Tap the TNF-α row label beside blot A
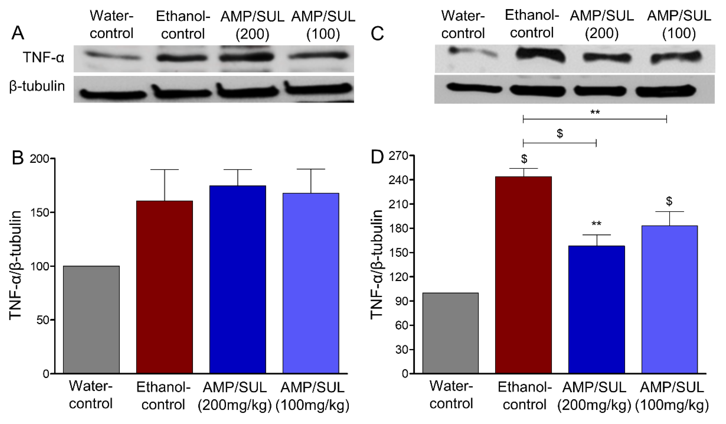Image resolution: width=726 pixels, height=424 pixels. tap(44, 58)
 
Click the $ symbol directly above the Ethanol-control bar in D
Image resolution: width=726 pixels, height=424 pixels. tap(524, 159)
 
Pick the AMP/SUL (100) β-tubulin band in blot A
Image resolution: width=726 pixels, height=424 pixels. tap(318, 88)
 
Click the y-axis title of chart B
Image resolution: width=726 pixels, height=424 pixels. tap(15, 265)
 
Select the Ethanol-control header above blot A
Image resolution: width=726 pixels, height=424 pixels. tap(183, 25)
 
